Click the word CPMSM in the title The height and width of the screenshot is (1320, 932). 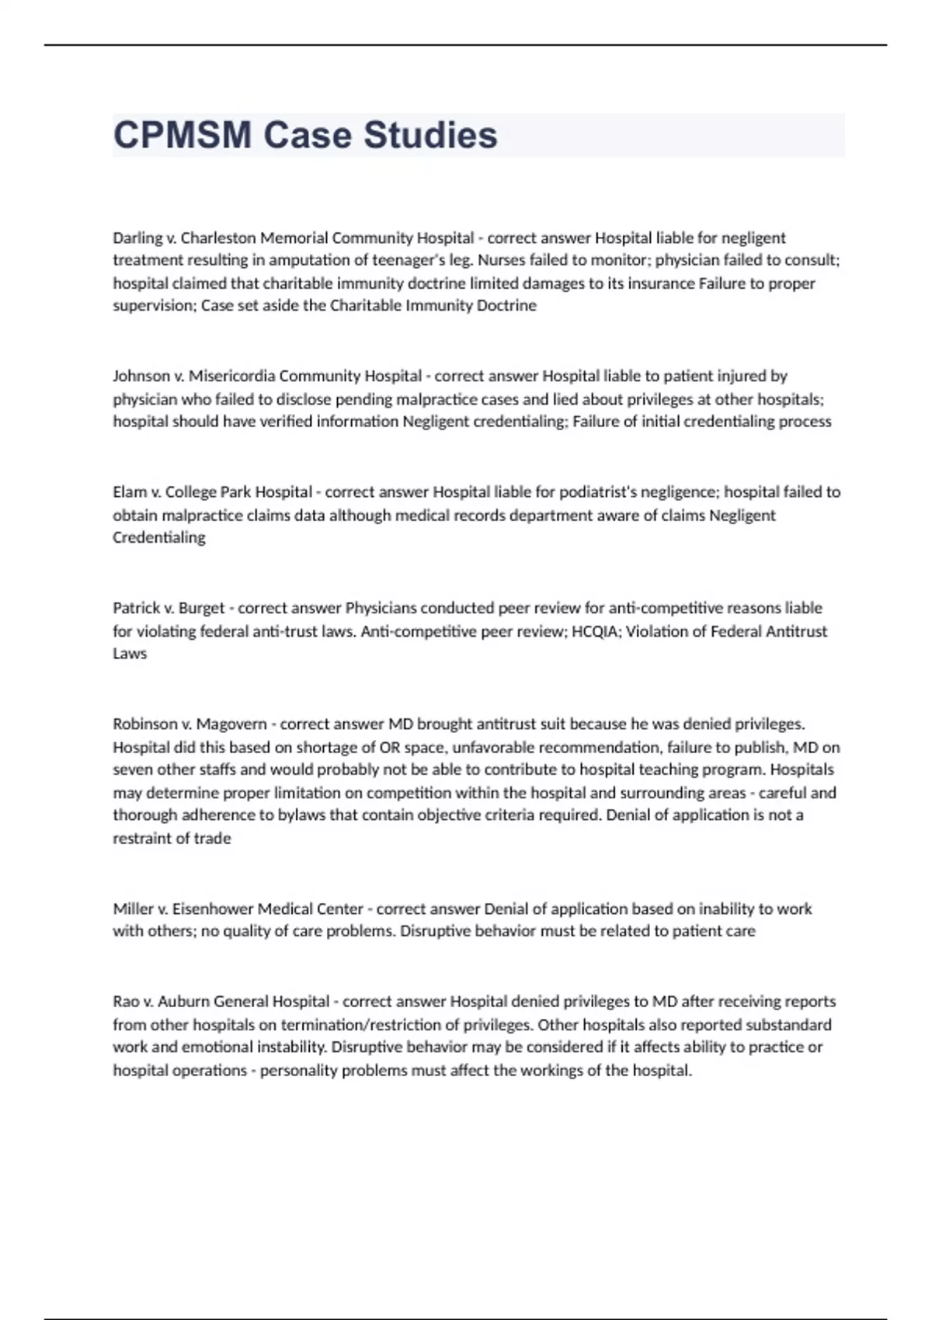183,135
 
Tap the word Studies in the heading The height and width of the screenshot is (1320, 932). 430,135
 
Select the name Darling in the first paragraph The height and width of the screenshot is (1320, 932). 138,238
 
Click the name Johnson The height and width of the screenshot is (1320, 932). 141,377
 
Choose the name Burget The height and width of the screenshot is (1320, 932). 201,608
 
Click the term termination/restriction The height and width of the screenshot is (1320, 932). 362,1025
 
